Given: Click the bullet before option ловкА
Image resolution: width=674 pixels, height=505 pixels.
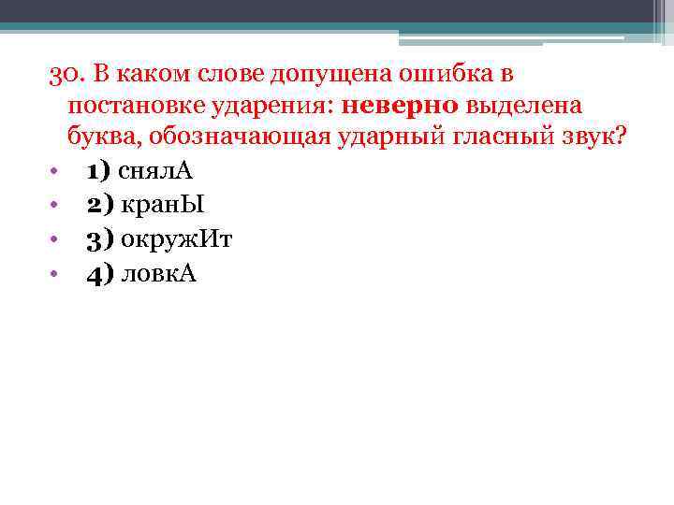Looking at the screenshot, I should [x=54, y=275].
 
